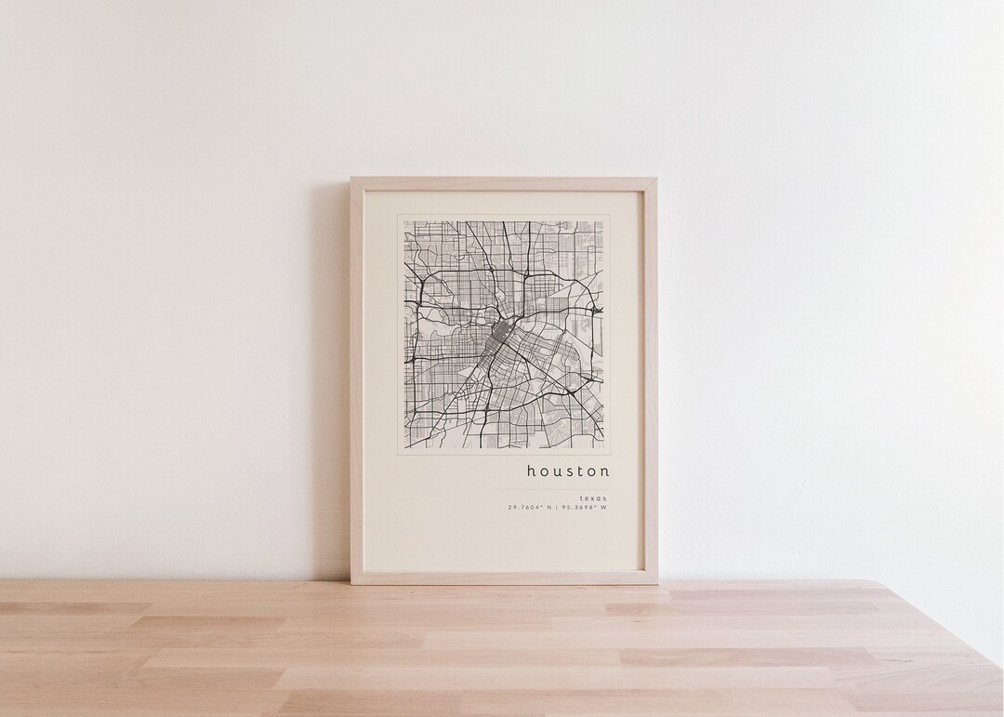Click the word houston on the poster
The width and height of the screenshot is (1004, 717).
point(568,471)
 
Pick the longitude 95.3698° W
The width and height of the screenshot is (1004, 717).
point(584,508)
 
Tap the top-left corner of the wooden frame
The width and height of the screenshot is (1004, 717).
point(352,179)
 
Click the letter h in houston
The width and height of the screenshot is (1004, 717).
point(531,471)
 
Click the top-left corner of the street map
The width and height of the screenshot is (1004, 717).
point(404,221)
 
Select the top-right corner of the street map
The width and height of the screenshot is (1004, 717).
point(604,221)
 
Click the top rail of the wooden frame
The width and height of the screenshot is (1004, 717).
point(503,184)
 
